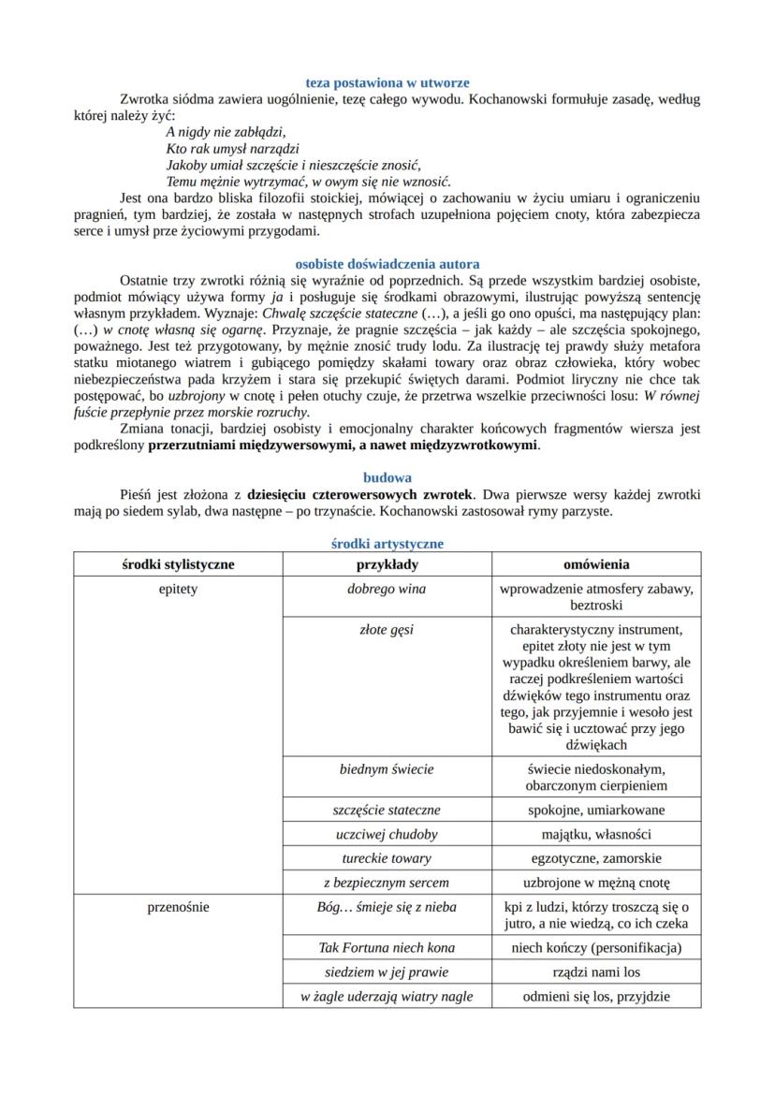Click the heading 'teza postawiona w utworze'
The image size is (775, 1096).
coord(387,83)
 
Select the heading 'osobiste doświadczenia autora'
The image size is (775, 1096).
coord(387,264)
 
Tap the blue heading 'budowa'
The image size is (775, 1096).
coord(387,477)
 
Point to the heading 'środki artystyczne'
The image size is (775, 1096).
coord(387,543)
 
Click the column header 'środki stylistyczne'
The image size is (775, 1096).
coord(178,564)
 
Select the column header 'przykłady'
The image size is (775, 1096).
coord(387,564)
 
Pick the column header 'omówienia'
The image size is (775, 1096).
coord(596,564)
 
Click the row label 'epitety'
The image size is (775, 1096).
coord(178,590)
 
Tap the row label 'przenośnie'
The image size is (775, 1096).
coord(178,906)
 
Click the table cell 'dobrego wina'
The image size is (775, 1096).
coord(387,590)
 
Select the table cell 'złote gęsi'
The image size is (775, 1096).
coord(387,630)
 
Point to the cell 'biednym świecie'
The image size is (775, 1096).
coord(387,769)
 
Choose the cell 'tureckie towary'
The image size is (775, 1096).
coord(387,858)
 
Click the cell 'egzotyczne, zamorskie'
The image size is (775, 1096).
coord(596,858)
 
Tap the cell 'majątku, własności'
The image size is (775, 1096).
coord(596,834)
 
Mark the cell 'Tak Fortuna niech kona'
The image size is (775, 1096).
coord(387,947)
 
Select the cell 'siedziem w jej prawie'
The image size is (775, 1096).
coord(387,972)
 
